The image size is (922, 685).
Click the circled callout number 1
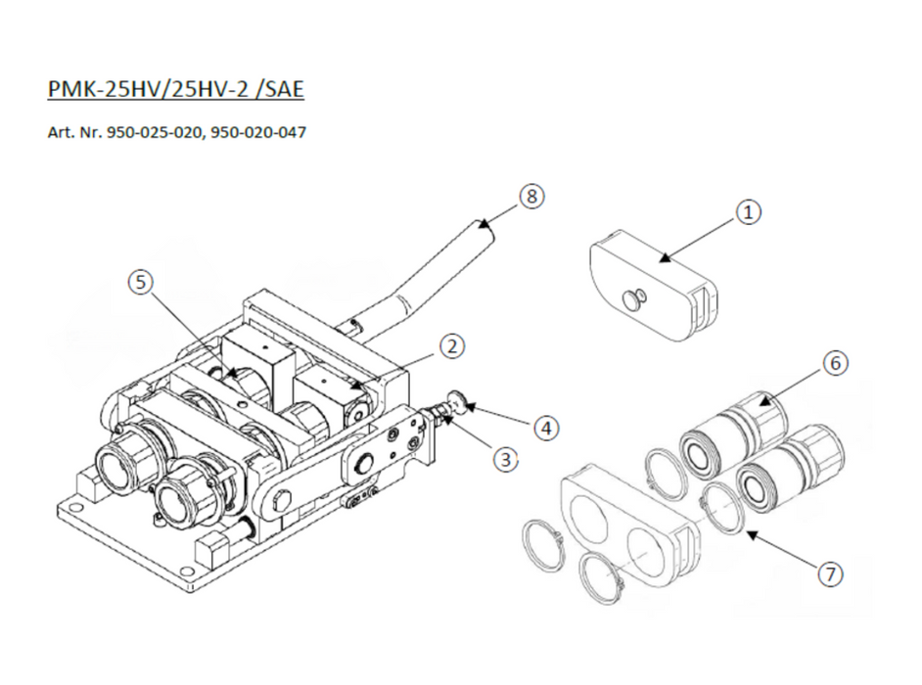point(748,212)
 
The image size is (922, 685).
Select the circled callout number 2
point(451,346)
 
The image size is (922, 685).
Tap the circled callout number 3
point(506,459)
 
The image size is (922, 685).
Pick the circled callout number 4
point(546,428)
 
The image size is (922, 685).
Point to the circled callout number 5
point(141,282)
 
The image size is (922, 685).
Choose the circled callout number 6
point(836,363)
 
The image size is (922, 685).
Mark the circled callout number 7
point(830,573)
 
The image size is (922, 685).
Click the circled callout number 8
point(531,196)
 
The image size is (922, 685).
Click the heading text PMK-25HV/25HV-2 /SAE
point(176,89)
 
